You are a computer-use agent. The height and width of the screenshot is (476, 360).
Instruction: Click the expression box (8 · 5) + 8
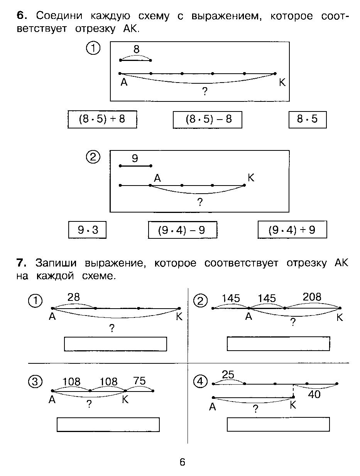(102, 119)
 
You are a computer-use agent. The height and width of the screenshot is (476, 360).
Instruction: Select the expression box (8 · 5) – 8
(208, 119)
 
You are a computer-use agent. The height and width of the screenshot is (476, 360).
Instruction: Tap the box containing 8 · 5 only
(308, 119)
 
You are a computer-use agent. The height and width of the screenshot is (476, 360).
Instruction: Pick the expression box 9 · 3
(87, 230)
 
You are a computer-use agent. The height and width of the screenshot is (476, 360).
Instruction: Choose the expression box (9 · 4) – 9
(183, 230)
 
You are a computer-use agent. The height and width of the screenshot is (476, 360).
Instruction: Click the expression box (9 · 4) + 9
(292, 230)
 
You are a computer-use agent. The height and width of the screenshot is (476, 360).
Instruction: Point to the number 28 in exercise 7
(74, 297)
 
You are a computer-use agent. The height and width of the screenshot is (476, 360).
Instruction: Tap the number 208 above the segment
(312, 297)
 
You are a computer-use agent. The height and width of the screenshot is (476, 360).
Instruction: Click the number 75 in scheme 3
(139, 381)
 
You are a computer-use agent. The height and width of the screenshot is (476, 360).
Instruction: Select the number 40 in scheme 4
(314, 395)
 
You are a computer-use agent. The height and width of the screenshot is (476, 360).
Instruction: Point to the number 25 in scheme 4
(228, 375)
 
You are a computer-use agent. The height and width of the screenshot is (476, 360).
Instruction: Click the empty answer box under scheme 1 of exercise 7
(115, 344)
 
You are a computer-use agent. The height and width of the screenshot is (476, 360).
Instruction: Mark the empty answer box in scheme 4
(278, 424)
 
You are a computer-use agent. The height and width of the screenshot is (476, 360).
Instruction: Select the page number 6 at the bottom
(182, 462)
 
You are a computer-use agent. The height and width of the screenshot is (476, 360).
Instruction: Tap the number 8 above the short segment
(136, 49)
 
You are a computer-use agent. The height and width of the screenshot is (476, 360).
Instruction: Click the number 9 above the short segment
(135, 158)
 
